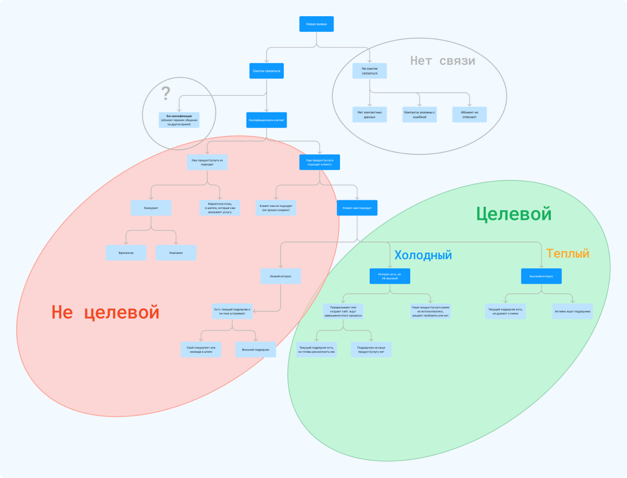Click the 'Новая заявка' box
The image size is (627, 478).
click(316, 24)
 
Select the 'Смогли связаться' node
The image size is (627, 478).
click(266, 71)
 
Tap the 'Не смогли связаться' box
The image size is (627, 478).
click(370, 71)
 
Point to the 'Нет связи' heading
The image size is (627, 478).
click(442, 60)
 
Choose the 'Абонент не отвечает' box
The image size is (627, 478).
click(469, 115)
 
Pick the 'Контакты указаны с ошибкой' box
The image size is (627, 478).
click(419, 115)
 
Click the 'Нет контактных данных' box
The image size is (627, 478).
click(370, 115)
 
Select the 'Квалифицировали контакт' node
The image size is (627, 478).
click(266, 120)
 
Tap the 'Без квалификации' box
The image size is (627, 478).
click(179, 120)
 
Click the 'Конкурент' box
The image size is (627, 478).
click(151, 208)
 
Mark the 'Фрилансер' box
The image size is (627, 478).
click(126, 253)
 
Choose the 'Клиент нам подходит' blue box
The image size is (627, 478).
click(357, 208)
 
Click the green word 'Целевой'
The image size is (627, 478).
click(513, 214)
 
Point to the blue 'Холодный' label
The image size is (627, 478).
click(423, 255)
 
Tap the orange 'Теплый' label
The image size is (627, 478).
click(568, 253)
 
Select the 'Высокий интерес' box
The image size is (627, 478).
click(541, 276)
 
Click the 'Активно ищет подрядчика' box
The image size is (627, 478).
click(572, 312)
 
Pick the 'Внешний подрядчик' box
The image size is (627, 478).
click(256, 349)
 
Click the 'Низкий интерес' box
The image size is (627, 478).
click(281, 276)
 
